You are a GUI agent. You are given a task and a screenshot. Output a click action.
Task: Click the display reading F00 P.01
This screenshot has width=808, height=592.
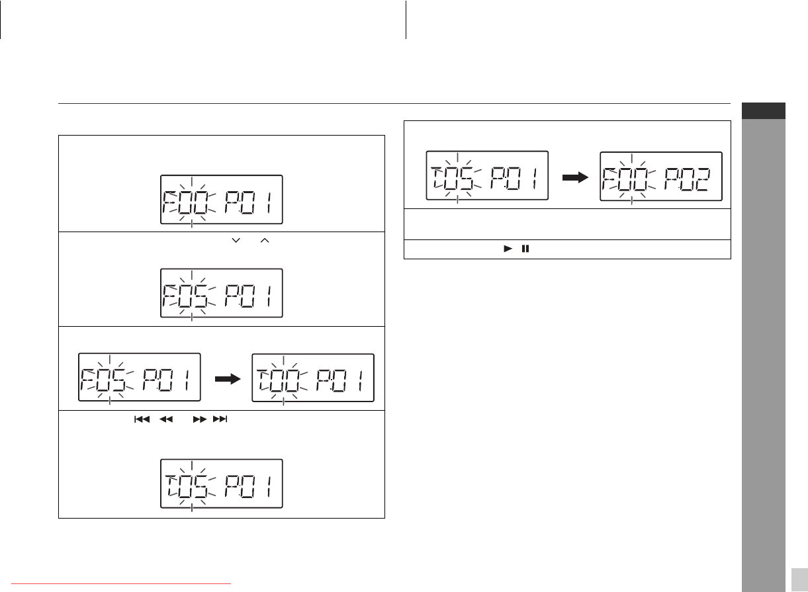tap(222, 199)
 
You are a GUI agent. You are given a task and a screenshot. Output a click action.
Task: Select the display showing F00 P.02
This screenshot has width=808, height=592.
tap(660, 175)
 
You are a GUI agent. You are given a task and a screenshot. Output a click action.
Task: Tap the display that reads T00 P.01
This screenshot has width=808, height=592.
tap(313, 377)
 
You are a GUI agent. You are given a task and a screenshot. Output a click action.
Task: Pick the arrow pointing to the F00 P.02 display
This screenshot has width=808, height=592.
tap(574, 177)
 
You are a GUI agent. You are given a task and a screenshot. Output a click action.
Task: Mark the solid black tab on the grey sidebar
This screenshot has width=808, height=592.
tap(763, 111)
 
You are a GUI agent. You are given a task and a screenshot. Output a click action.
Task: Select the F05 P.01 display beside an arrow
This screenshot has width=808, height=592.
tap(139, 377)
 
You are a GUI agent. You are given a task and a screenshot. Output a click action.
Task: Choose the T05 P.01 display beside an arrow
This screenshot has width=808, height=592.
tap(486, 175)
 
